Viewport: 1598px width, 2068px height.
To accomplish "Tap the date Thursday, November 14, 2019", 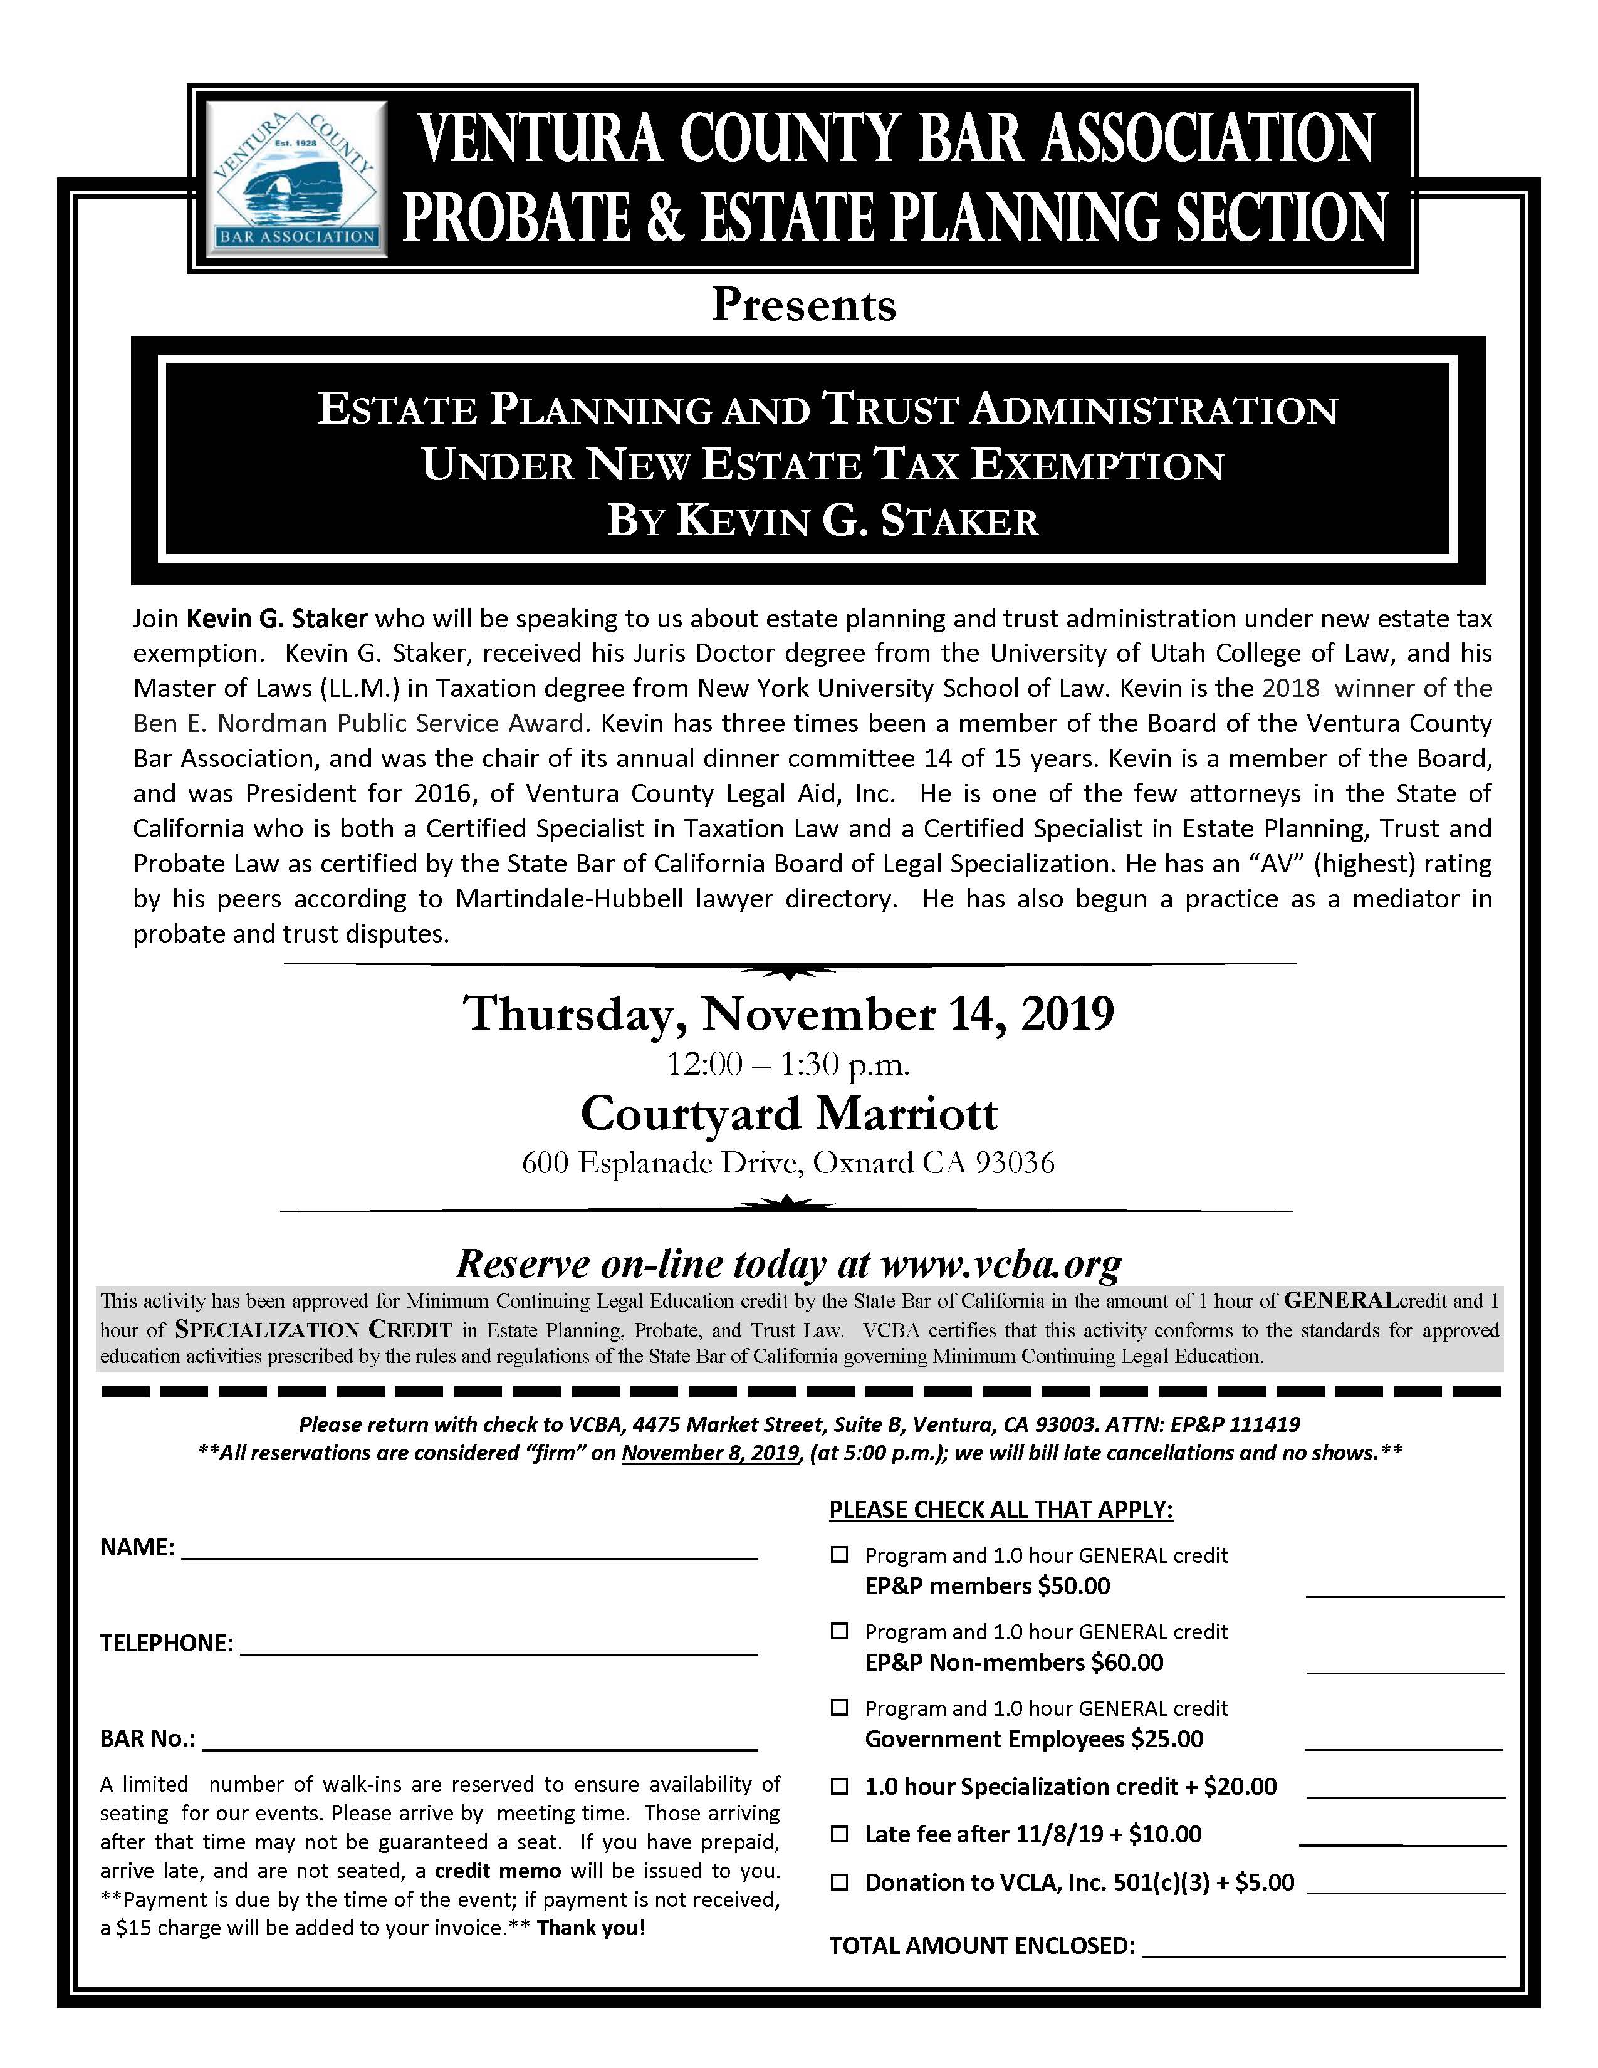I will point(788,1013).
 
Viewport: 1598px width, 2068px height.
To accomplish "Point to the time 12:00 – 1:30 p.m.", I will point(788,1065).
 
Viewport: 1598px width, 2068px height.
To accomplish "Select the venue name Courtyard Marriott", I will point(788,1114).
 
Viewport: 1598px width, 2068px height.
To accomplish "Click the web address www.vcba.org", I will point(1001,1264).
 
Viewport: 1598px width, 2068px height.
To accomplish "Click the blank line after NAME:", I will point(469,1551).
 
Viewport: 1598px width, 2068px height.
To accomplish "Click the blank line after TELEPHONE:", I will point(499,1647).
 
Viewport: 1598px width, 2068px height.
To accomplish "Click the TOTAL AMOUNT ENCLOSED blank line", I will point(1324,1947).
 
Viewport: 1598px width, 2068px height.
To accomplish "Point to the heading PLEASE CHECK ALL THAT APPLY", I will point(1001,1510).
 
